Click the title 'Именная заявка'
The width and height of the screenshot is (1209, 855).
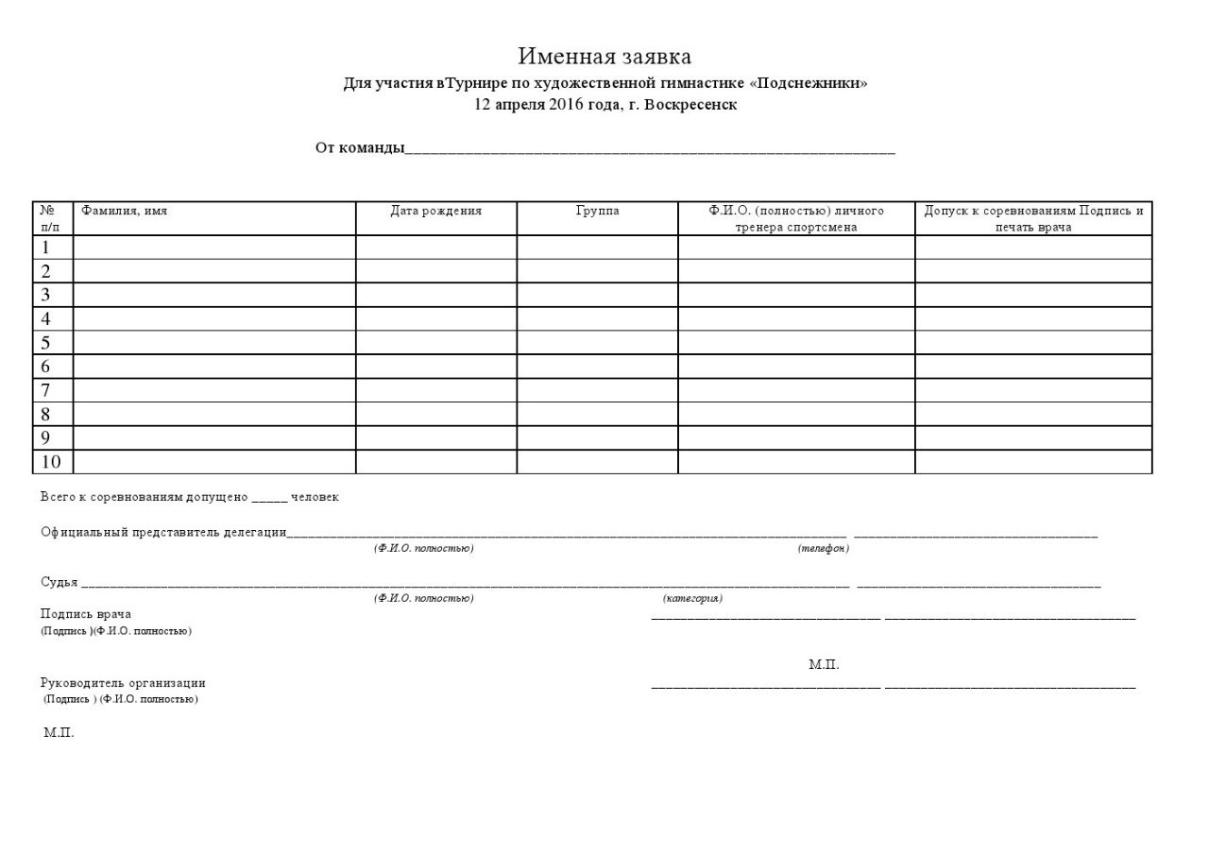click(604, 57)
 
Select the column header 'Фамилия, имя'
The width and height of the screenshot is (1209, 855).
click(125, 211)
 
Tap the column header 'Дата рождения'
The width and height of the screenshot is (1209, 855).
click(435, 211)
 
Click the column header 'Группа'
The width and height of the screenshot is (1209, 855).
click(597, 211)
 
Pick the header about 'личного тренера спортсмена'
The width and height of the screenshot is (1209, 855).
click(796, 219)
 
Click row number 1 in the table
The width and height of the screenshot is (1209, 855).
click(44, 248)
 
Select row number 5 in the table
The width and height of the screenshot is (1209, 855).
click(44, 343)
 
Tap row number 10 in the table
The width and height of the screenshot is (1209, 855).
click(50, 462)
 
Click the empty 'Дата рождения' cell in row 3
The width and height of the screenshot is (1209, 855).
click(435, 295)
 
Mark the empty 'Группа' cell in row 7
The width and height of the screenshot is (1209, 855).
click(597, 390)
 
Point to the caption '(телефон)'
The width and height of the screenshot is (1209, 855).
click(823, 549)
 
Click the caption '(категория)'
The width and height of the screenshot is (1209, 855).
click(692, 598)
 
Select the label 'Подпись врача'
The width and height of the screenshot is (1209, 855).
click(86, 614)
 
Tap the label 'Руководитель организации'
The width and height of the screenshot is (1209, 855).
click(123, 683)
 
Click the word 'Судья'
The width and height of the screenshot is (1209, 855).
click(59, 582)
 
